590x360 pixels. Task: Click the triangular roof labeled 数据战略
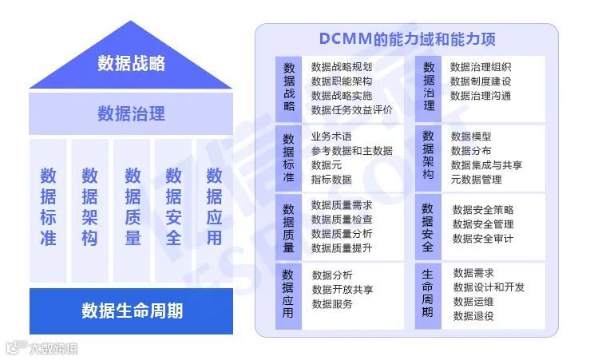(131, 63)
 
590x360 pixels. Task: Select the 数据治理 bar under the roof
(131, 113)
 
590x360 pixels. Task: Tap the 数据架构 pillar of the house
(89, 206)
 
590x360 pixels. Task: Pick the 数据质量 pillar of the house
(132, 206)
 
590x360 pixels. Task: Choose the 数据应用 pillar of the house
(214, 206)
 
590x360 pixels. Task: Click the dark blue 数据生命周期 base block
(131, 311)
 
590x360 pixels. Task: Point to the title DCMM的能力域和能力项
(406, 39)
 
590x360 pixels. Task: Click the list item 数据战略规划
(342, 67)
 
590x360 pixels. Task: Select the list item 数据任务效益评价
(352, 110)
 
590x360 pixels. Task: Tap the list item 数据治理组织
(481, 67)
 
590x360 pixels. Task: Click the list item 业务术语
(331, 136)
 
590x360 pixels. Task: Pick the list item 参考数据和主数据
(352, 150)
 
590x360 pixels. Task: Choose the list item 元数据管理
(476, 180)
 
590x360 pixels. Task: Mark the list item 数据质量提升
(342, 247)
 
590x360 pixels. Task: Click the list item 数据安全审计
(483, 239)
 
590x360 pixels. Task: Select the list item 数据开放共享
(343, 289)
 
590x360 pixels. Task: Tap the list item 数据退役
(473, 316)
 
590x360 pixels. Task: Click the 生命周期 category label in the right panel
(428, 293)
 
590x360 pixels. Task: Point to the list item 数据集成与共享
(486, 165)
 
